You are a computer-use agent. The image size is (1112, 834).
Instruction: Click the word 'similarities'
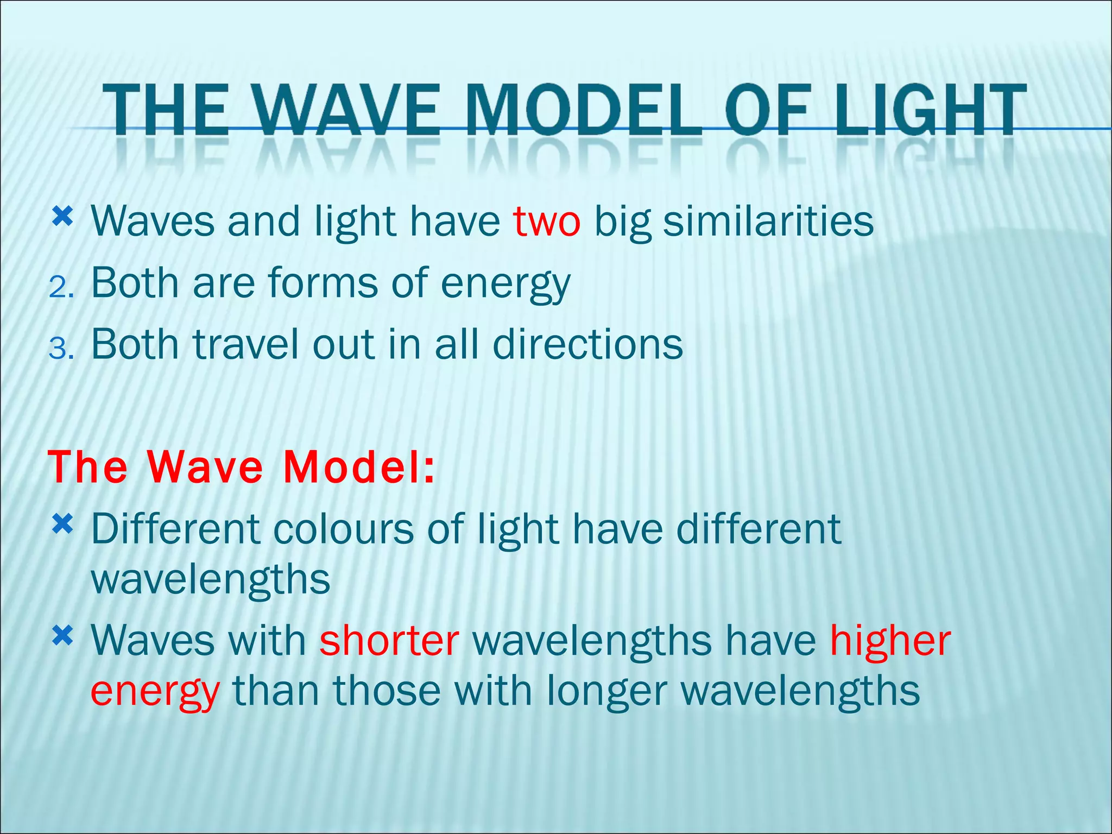click(x=768, y=222)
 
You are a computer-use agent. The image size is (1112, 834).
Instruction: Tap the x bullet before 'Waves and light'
click(x=62, y=218)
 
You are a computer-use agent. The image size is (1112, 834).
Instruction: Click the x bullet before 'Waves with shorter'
click(x=62, y=636)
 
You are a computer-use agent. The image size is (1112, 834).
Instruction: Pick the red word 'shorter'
click(x=389, y=641)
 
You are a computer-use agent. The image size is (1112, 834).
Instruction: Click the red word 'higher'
click(x=890, y=641)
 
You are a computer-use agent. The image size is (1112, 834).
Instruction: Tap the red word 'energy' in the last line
click(x=155, y=691)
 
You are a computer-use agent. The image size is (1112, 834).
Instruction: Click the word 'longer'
click(x=606, y=691)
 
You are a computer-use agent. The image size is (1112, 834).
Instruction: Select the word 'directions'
click(x=587, y=344)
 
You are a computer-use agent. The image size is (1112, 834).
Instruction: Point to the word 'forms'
click(x=323, y=283)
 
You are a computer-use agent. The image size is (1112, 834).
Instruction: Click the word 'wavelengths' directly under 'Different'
click(x=211, y=579)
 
